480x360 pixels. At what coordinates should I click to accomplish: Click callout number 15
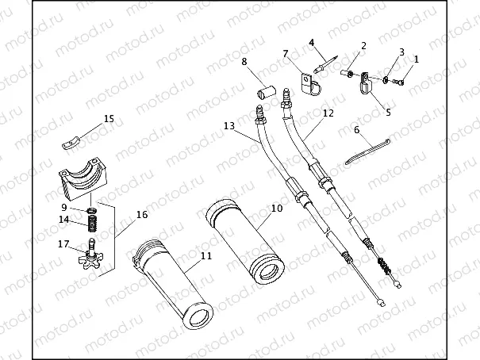[x=109, y=118]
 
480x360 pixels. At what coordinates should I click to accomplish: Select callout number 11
[x=205, y=255]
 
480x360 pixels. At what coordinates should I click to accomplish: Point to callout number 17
[x=63, y=245]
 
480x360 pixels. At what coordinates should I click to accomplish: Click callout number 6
[x=356, y=128]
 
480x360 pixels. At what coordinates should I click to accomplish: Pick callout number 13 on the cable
[x=229, y=126]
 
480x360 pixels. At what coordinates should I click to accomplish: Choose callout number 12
[x=328, y=113]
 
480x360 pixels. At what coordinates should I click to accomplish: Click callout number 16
[x=142, y=214]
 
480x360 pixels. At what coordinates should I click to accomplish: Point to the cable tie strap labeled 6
[x=368, y=151]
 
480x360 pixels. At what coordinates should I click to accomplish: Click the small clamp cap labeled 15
[x=71, y=143]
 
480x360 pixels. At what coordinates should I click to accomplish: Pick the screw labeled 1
[x=399, y=79]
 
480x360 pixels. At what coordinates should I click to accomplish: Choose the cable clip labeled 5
[x=364, y=82]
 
